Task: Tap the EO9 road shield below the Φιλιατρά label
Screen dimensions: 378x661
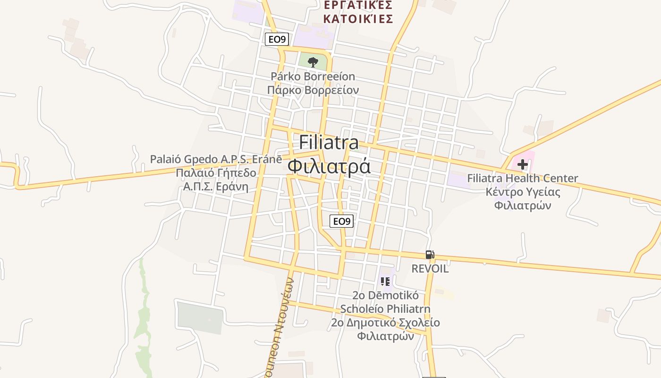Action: tap(341, 221)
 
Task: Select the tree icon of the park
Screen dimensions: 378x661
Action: tap(313, 62)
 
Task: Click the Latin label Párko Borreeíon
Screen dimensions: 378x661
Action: tap(313, 76)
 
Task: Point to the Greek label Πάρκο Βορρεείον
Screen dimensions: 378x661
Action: tap(313, 90)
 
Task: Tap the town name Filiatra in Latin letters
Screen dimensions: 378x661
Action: tap(329, 143)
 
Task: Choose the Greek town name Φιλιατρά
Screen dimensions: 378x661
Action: tap(329, 167)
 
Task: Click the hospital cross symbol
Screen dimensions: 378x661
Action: tap(522, 164)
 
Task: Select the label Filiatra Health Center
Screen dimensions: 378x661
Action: tap(522, 178)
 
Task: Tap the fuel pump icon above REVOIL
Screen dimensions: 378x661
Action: tap(430, 255)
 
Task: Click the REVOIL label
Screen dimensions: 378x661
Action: tap(430, 268)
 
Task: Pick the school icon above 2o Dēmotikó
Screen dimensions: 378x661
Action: tap(385, 282)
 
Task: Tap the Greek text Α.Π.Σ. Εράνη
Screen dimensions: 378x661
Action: tap(216, 186)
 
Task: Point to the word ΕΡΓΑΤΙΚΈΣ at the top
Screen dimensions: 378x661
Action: tap(358, 5)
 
